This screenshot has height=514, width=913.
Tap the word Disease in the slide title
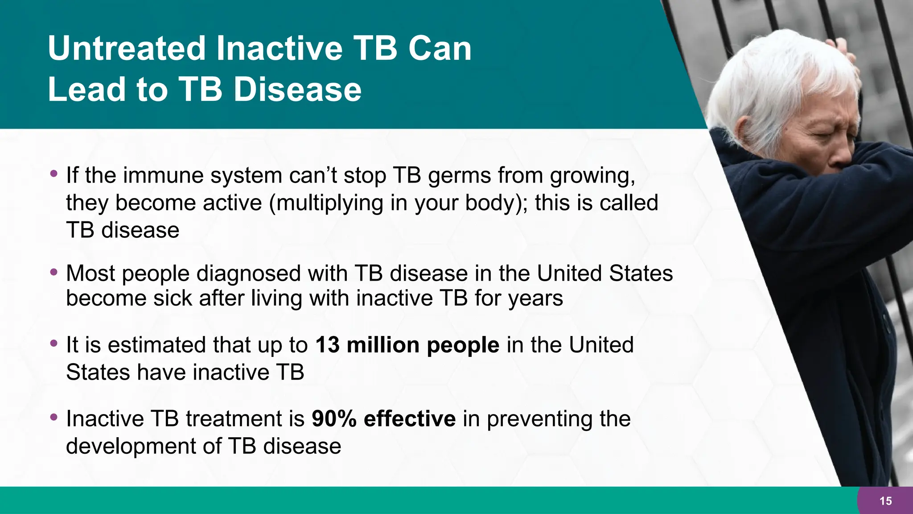[297, 89]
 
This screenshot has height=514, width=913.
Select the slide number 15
[885, 501]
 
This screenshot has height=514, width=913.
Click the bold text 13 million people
[407, 345]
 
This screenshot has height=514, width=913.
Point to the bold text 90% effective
[383, 419]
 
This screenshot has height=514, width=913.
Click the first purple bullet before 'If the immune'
[54, 173]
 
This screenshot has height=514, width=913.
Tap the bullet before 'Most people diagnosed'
[54, 271]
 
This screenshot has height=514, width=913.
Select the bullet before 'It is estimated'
[54, 343]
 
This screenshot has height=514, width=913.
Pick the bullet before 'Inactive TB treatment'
[54, 417]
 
